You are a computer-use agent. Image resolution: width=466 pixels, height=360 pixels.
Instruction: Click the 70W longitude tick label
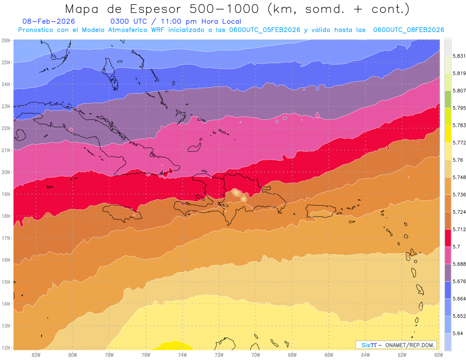(256, 355)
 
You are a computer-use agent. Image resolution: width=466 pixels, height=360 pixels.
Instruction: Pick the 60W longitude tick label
(439, 355)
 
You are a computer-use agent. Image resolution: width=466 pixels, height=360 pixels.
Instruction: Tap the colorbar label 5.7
(454, 247)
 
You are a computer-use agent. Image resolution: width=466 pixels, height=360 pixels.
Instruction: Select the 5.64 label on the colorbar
(456, 333)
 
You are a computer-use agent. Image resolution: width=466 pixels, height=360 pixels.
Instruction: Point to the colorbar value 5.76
(456, 160)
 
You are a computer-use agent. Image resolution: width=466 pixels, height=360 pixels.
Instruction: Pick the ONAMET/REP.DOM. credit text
(410, 345)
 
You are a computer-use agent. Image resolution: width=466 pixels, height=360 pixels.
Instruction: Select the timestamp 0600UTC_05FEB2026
(264, 30)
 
